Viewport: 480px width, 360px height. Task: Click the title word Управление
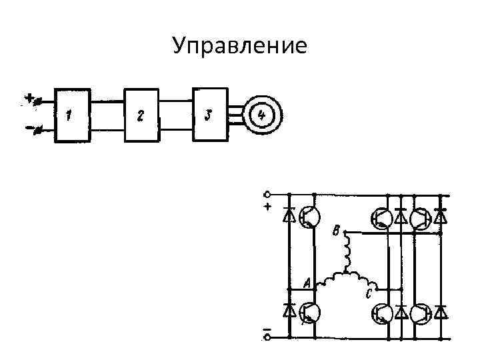(239, 45)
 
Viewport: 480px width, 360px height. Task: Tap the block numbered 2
(141, 115)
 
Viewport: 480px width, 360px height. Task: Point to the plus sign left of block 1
(29, 99)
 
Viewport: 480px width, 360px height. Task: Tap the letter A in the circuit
(307, 283)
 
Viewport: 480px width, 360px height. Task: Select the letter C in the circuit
(368, 294)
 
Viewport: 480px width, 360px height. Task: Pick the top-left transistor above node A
(309, 216)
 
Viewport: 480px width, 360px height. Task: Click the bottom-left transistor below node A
(309, 312)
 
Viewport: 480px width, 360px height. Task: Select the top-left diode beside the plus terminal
(289, 215)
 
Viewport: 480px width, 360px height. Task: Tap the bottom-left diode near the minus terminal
(289, 311)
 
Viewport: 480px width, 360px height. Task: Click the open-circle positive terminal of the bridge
(267, 195)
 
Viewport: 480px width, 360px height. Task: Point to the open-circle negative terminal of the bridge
(267, 337)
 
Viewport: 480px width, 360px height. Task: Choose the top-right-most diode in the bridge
(440, 217)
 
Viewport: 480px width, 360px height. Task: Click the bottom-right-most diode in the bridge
(440, 312)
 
